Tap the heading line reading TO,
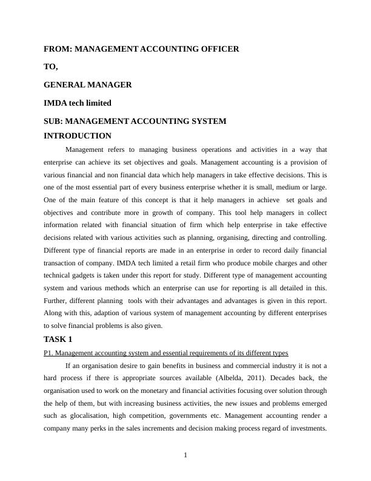pos(51,67)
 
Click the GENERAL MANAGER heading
pos(88,85)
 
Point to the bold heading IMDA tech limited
pos(78,103)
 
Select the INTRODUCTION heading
pos(78,136)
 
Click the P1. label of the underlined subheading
pos(48,353)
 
